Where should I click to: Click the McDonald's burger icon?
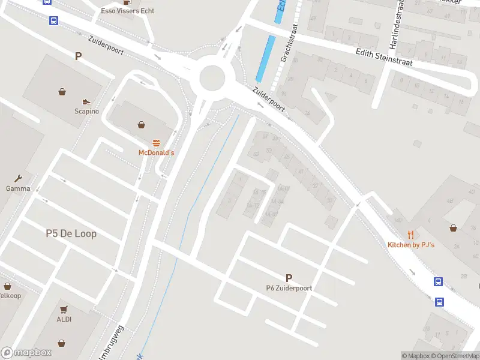[x=157, y=142]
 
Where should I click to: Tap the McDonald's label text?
[x=157, y=153]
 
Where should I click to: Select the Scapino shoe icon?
[x=86, y=101]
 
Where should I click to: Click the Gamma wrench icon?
[x=18, y=178]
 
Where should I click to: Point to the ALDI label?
[x=64, y=319]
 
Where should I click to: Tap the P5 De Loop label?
[x=71, y=233]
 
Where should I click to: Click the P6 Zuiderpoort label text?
[x=289, y=288]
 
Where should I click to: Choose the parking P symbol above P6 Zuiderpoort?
[x=289, y=278]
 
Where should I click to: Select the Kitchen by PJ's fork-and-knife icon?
[x=411, y=235]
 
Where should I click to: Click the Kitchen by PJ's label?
[x=411, y=245]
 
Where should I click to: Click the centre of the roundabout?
[x=212, y=77]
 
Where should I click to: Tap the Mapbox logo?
[x=26, y=353]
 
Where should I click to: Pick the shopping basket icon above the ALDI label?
[x=64, y=309]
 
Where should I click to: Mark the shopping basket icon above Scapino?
[x=62, y=92]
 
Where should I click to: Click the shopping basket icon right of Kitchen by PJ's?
[x=454, y=228]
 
